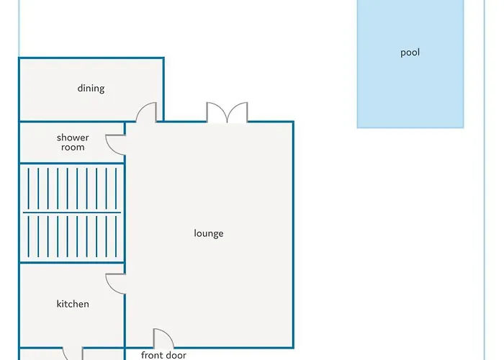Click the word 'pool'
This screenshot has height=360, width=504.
click(410, 53)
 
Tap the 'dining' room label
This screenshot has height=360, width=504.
click(91, 89)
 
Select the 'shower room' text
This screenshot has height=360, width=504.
click(73, 143)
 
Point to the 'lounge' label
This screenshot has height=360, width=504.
click(209, 233)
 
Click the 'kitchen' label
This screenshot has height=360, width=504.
click(73, 304)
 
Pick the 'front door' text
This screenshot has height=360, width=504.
click(163, 355)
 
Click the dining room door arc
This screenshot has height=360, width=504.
click(141, 107)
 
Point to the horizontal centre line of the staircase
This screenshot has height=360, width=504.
click(72, 212)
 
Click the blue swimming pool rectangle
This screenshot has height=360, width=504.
click(410, 64)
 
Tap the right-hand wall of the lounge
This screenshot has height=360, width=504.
click(293, 235)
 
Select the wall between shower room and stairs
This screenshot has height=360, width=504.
click(72, 163)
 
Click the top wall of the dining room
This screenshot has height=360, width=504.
click(91, 58)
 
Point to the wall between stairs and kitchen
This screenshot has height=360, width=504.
click(72, 263)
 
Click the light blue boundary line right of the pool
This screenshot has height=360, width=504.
click(484, 180)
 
